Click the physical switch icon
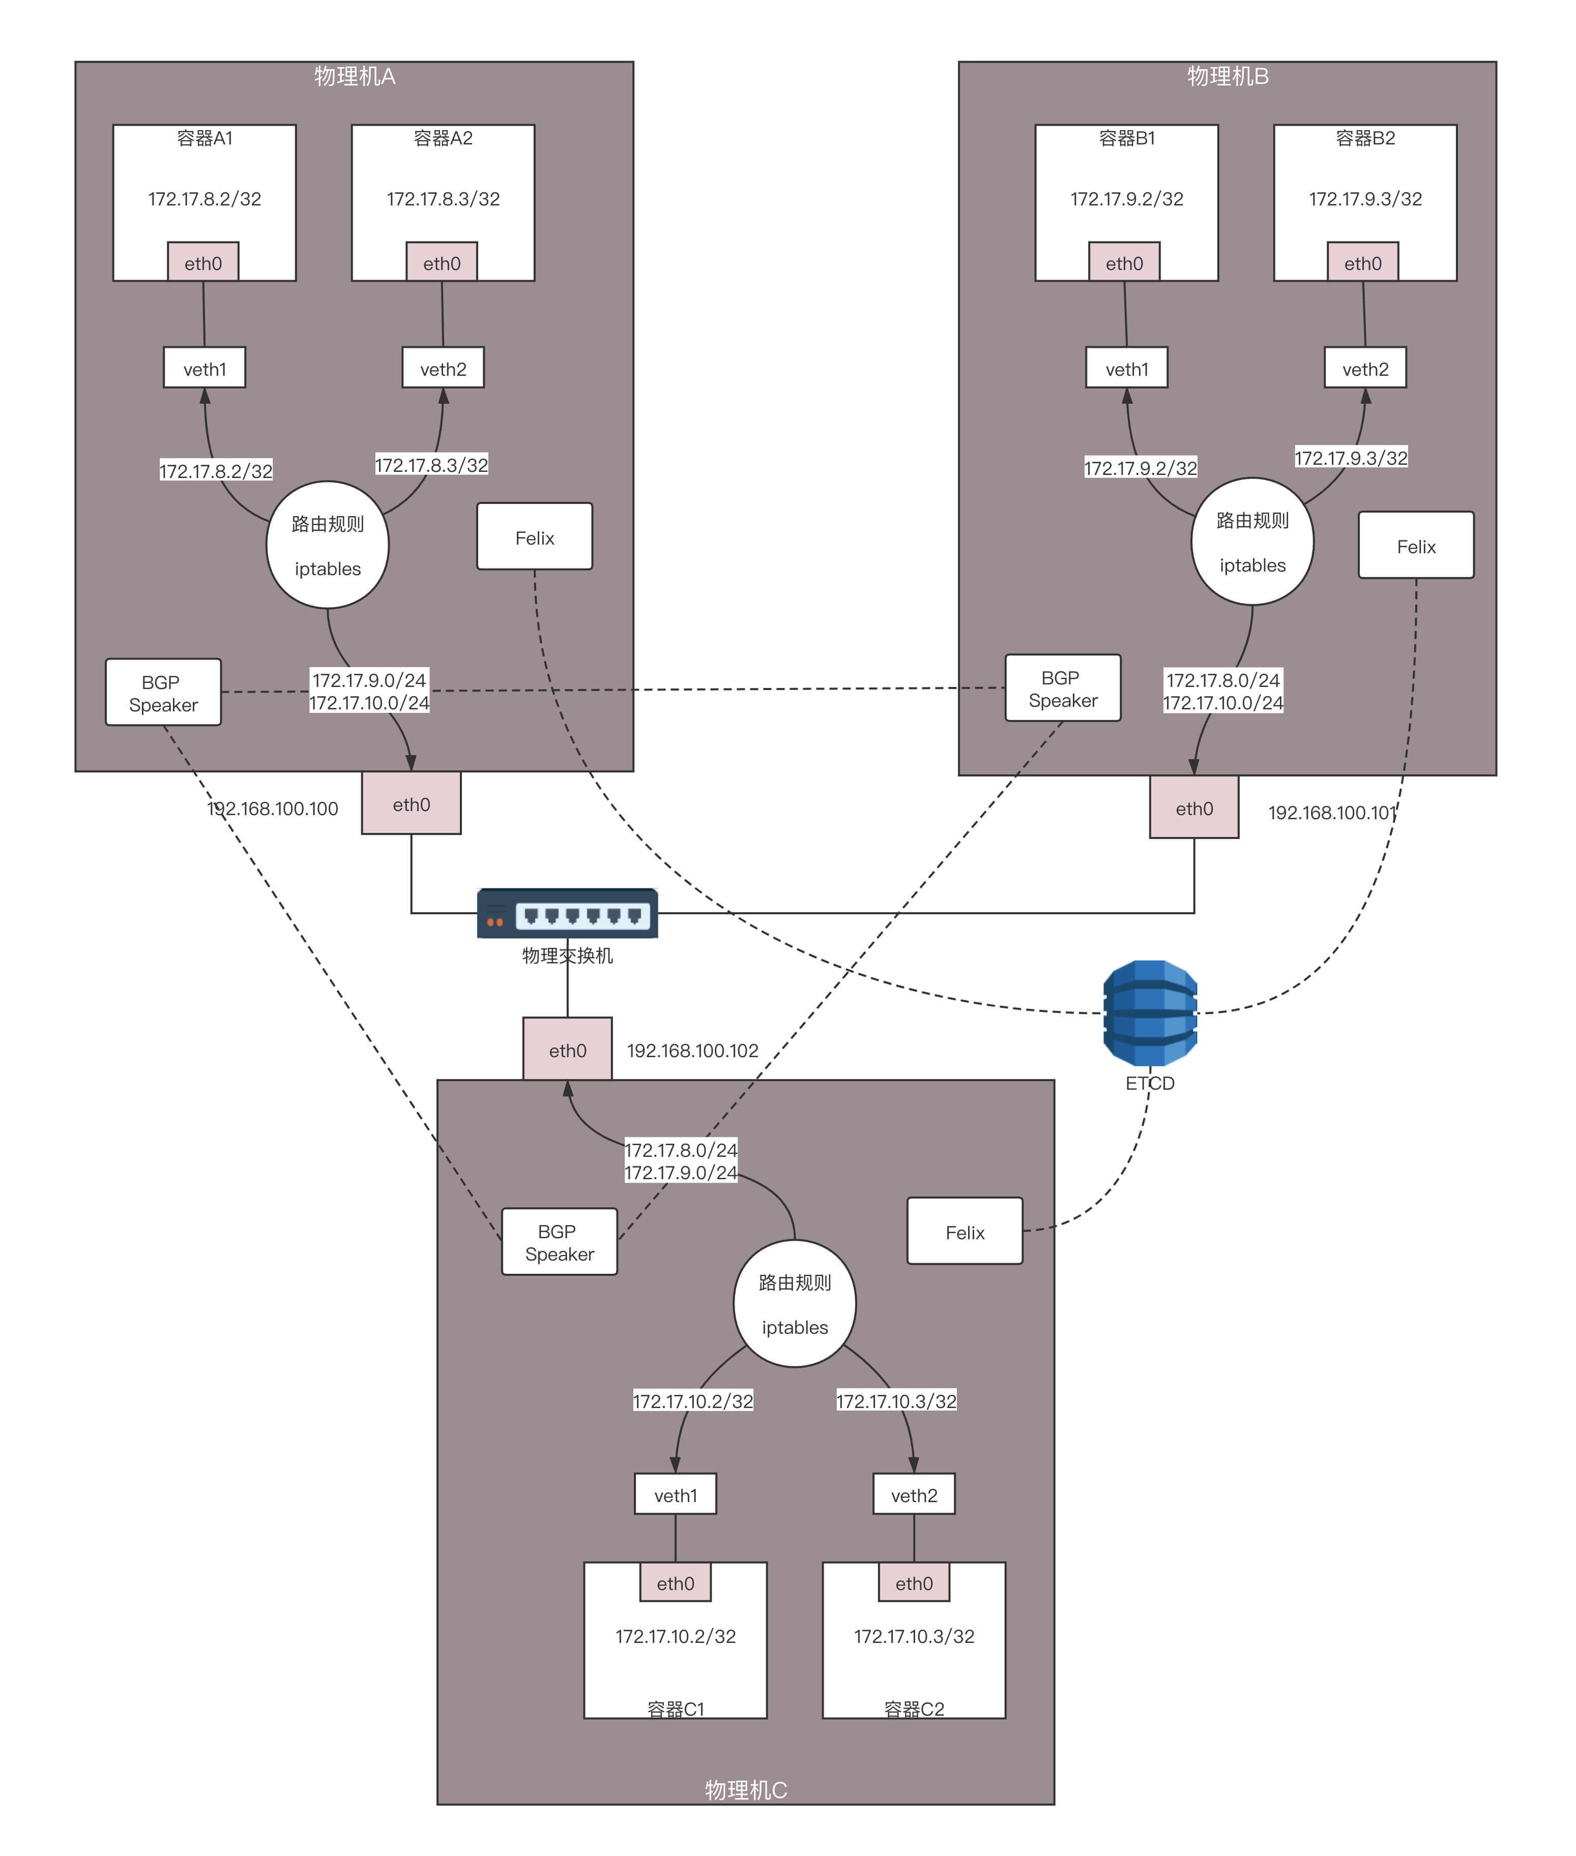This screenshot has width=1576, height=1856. pos(567,913)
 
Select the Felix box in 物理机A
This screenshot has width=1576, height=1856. pos(534,537)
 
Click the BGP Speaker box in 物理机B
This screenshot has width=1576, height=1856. pos(1062,688)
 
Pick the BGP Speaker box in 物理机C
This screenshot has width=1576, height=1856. pos(559,1242)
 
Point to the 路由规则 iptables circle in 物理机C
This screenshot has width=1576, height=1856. pos(794,1303)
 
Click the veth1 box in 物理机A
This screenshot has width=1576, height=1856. pos(205,368)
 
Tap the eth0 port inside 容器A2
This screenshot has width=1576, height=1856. pos(442,262)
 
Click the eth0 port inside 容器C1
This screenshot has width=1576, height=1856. pos(676,1583)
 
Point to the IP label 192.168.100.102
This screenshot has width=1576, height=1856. pos(692,1051)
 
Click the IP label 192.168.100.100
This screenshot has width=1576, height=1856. pos(273,809)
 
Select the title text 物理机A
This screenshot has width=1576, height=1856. pos(355,76)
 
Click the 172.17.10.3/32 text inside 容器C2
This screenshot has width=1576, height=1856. pos(914,1635)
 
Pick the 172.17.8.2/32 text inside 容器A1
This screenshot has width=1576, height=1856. pos(205,198)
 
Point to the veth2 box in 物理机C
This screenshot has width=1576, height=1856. pos(914,1494)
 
